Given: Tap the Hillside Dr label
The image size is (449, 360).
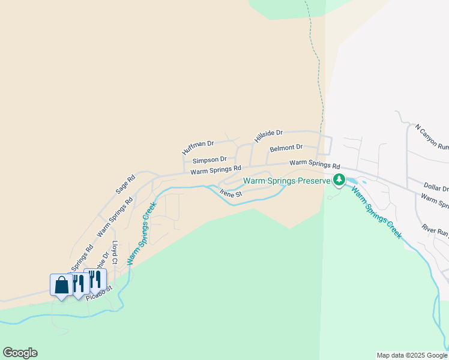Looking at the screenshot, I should [x=268, y=135].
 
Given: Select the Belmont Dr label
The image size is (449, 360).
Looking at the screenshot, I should [x=286, y=148].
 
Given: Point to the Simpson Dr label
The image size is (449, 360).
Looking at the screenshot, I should [x=209, y=160].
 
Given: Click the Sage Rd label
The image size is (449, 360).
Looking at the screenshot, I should [x=126, y=184].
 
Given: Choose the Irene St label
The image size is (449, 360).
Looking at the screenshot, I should [x=231, y=194].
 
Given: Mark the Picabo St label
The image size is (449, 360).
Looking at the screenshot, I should [x=99, y=293].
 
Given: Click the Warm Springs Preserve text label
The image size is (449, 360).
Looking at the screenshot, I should [x=287, y=181].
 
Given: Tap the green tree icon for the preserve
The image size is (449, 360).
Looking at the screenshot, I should [x=339, y=179].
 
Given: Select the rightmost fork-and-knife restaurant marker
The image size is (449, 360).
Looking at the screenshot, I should [x=95, y=279].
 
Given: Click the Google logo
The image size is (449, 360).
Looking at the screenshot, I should [x=20, y=353].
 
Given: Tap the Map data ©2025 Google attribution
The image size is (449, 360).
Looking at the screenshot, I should [x=412, y=355].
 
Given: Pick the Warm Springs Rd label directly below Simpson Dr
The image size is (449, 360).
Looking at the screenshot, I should [x=215, y=171].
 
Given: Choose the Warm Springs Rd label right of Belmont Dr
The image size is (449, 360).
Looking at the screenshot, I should [x=315, y=164].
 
